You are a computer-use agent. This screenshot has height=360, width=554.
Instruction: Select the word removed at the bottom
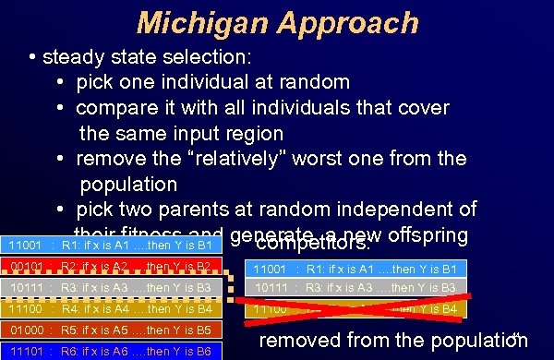tap(302, 340)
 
